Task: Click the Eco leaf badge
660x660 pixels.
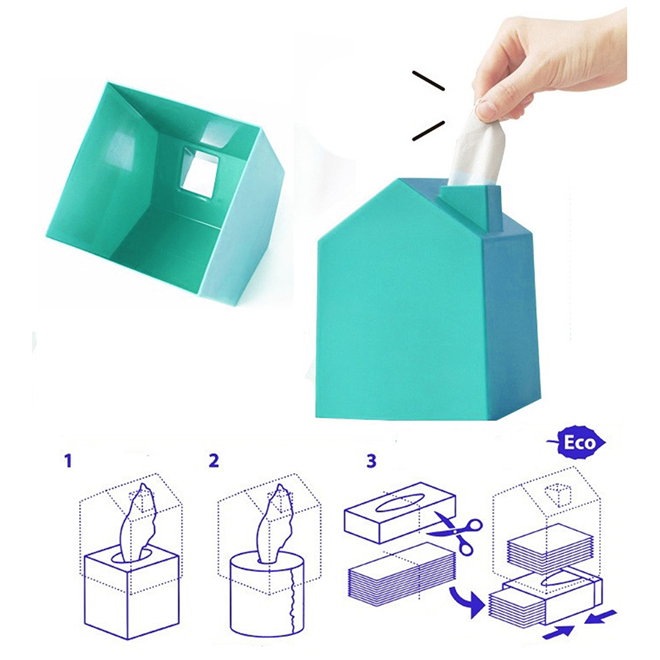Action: point(576,443)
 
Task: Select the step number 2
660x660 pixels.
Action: point(214,461)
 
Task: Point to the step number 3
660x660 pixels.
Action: point(370,461)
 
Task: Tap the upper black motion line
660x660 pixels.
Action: point(428,81)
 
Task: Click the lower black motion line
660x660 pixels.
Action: point(428,131)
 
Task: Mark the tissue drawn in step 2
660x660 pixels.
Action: point(276,524)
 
